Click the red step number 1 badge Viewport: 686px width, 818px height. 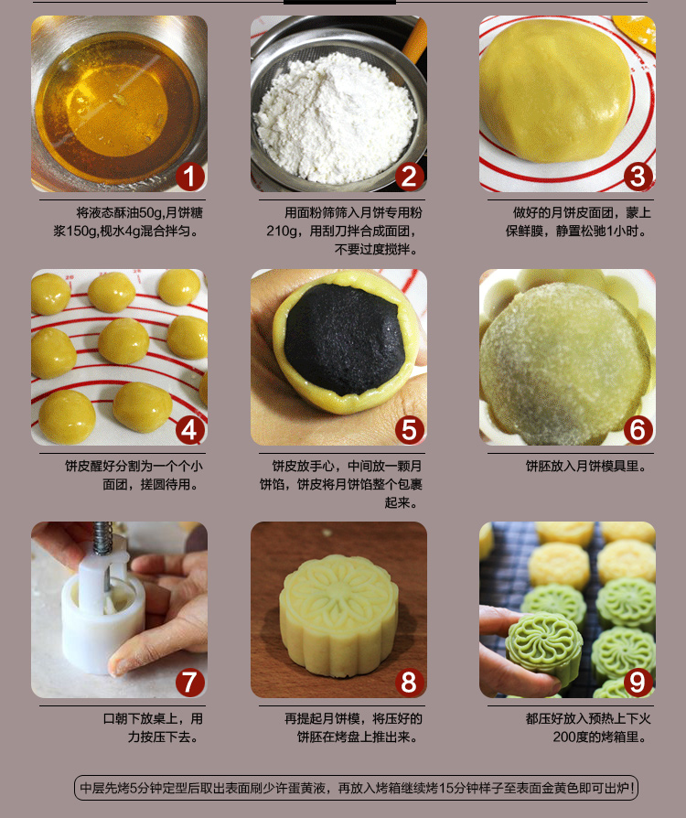[x=190, y=177]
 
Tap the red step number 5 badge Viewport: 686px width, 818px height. [x=410, y=430]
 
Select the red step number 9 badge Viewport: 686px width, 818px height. [x=638, y=683]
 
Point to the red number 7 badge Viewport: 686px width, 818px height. [x=190, y=683]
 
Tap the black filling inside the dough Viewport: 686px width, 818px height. [x=344, y=339]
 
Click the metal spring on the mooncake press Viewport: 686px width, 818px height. [x=102, y=538]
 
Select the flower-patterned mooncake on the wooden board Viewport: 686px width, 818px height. [x=339, y=617]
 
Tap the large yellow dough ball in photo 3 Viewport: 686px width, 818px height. [x=555, y=91]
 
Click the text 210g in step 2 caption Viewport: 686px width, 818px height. [x=281, y=231]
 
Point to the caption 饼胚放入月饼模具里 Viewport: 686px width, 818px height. [x=586, y=467]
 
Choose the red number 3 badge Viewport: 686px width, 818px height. [x=638, y=177]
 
